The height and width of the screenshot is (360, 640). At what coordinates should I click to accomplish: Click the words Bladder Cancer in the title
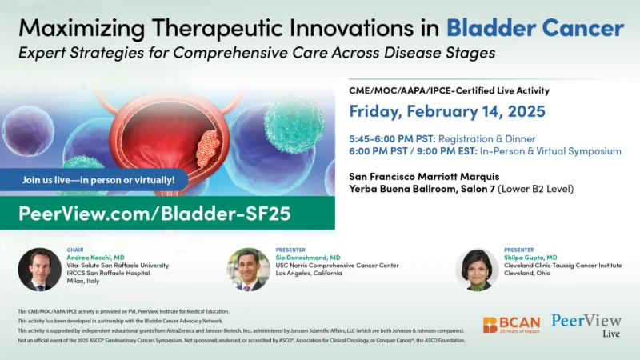[534, 28]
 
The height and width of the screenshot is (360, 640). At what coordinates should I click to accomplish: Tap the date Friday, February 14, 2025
[447, 110]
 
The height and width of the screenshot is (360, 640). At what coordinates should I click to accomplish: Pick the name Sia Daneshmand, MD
[308, 257]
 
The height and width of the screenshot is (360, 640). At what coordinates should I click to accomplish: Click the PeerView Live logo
[586, 324]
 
